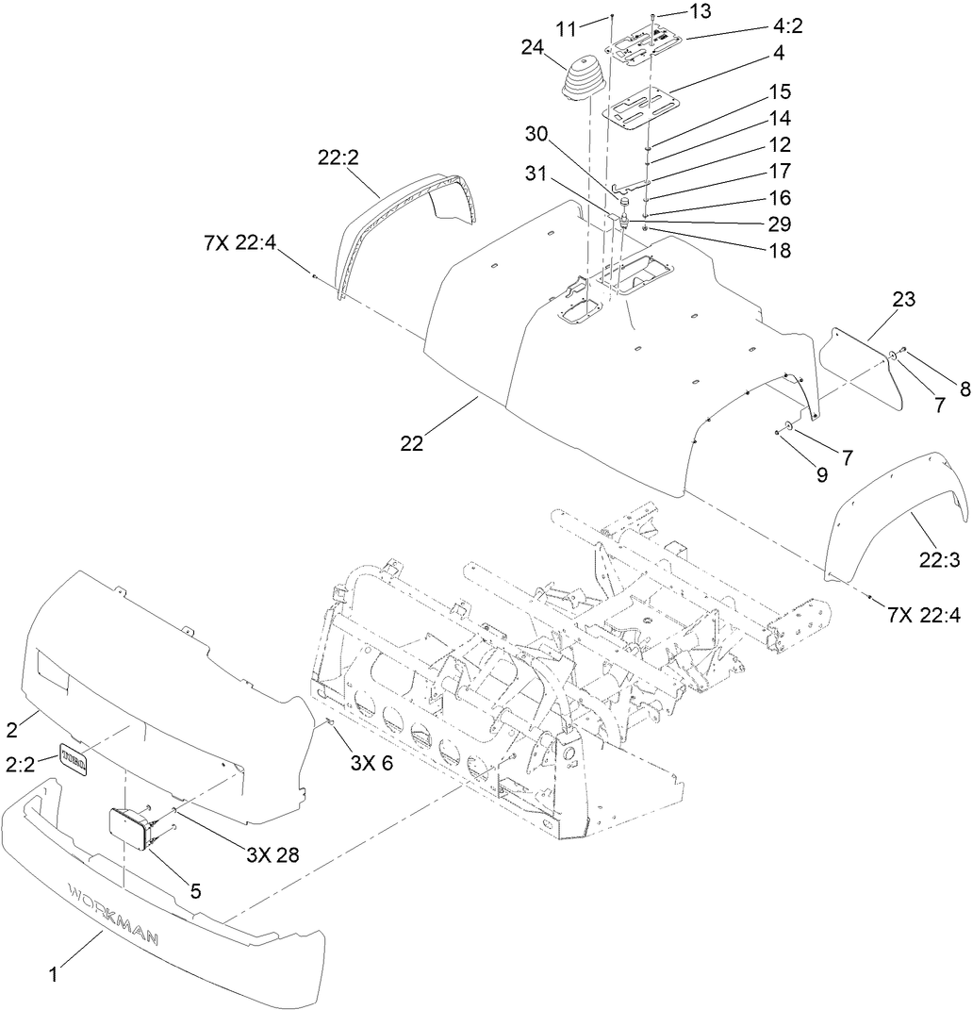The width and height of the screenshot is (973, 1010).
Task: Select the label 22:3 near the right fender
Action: pos(939,559)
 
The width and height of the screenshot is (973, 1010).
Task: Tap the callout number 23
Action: pos(903,301)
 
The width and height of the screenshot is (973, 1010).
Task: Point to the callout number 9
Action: pos(821,476)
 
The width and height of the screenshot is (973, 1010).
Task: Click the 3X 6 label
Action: pos(371,764)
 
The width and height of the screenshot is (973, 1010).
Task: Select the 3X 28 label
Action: pos(272,854)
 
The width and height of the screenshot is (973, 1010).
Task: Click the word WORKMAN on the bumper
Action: pos(112,912)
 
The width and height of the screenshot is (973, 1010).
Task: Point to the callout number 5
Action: pos(195,888)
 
